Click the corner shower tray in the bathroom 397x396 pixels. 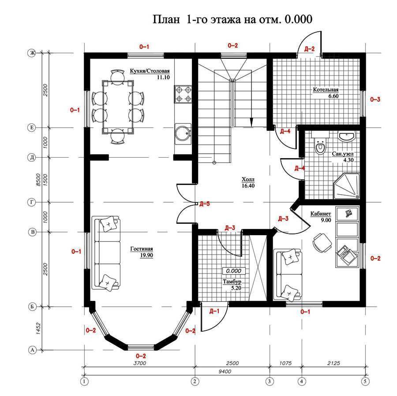(347, 186)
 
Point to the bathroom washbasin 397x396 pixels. (347, 136)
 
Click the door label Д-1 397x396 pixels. (214, 311)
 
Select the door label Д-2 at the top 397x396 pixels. (309, 49)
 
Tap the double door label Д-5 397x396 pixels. (205, 204)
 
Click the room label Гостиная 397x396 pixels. (142, 249)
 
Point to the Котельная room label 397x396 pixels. (326, 89)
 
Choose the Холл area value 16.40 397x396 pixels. (248, 185)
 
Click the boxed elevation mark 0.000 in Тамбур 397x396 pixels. (233, 271)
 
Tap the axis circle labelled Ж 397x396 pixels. (32, 53)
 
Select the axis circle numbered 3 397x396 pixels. (270, 381)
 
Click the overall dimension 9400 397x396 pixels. (225, 371)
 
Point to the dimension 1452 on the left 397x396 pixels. (38, 329)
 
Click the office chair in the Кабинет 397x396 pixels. (322, 243)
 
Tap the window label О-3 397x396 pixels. (375, 100)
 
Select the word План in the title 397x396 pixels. (166, 19)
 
